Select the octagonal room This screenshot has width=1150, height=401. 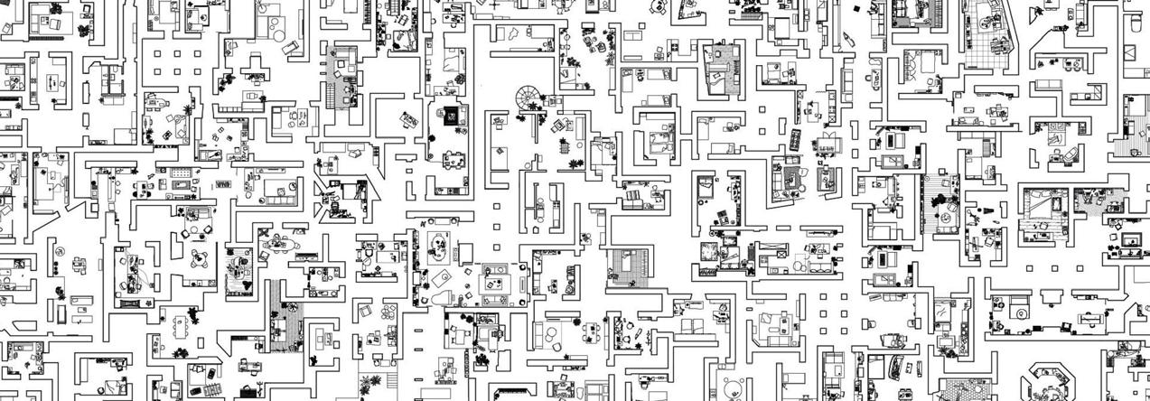(x=1054, y=381)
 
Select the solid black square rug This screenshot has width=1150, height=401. (x=449, y=116)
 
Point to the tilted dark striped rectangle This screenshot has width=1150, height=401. (x=796, y=140)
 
